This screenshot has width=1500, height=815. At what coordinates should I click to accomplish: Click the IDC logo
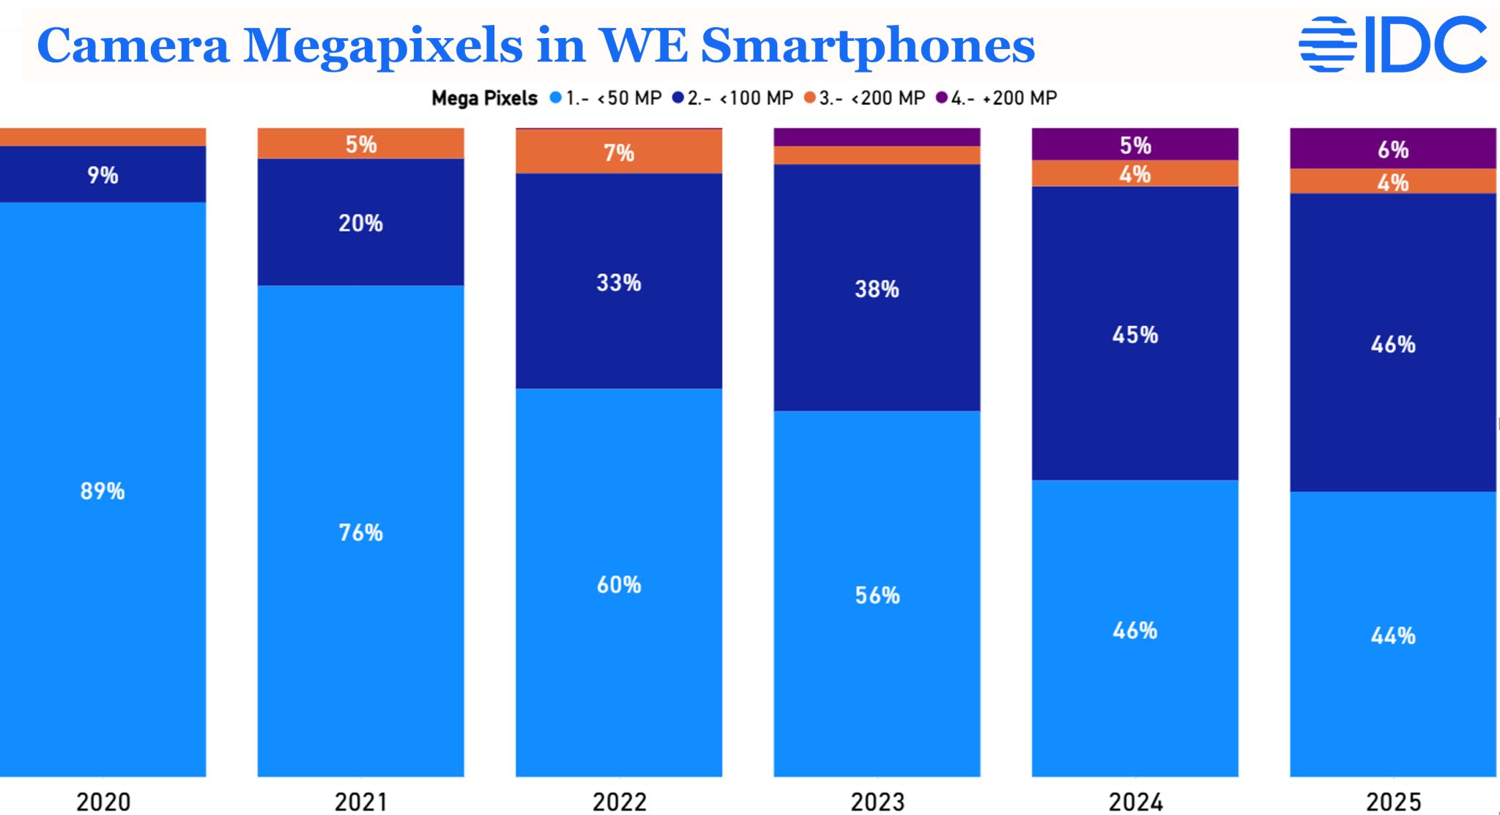click(x=1392, y=45)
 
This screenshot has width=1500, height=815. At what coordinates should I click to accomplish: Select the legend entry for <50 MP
click(x=606, y=98)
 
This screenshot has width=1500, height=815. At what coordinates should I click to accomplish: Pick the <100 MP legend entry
click(x=733, y=98)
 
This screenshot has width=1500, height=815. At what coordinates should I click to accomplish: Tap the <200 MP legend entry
click(x=865, y=98)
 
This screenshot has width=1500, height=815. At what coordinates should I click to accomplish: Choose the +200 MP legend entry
click(x=997, y=98)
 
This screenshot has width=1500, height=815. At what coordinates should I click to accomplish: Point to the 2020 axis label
click(x=103, y=802)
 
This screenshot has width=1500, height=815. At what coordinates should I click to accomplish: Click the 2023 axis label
click(x=877, y=802)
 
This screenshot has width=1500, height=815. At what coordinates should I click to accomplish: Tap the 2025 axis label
click(x=1393, y=802)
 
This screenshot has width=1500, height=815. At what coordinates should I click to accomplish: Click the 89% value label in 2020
click(x=103, y=491)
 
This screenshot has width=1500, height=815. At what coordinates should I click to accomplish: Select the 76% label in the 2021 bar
click(x=360, y=532)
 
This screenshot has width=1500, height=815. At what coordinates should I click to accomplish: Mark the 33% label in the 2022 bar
click(x=619, y=283)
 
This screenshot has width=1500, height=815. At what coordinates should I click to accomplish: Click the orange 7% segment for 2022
click(x=619, y=152)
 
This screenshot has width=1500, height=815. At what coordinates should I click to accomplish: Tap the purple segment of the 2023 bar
click(x=877, y=137)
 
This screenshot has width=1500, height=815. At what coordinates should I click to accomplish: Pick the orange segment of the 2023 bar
click(x=877, y=155)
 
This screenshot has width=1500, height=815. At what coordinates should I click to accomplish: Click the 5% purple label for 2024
click(x=1135, y=145)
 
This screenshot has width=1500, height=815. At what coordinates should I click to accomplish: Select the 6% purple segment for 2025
click(x=1393, y=149)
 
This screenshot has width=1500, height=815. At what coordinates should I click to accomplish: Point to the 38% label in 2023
click(x=877, y=289)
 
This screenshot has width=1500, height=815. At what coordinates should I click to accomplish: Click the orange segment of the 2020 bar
click(x=103, y=137)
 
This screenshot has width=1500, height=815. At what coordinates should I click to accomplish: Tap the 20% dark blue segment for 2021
click(x=360, y=223)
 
